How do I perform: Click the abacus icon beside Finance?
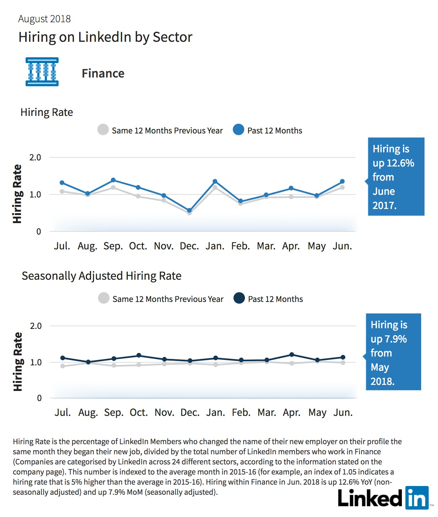[42, 72]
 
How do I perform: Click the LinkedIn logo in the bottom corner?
[383, 498]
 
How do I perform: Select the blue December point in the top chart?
[189, 210]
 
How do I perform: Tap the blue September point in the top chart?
[113, 180]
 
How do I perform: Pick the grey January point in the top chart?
[215, 187]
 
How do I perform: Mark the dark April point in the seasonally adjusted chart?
[291, 355]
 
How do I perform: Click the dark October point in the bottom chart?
[139, 356]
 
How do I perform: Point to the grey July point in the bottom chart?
[63, 366]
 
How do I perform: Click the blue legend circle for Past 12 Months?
[239, 129]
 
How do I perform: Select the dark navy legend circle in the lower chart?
[239, 298]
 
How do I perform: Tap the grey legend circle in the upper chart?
[103, 129]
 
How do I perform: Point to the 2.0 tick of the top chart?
[35, 158]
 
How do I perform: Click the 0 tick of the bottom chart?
[39, 398]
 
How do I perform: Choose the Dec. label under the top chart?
[189, 246]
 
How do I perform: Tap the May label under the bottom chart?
[317, 413]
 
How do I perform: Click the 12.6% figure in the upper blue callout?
[400, 163]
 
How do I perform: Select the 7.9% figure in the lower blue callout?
[396, 339]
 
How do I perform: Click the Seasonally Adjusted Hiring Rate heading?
[101, 276]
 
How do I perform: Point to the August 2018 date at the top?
[44, 19]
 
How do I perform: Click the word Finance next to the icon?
[103, 73]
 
